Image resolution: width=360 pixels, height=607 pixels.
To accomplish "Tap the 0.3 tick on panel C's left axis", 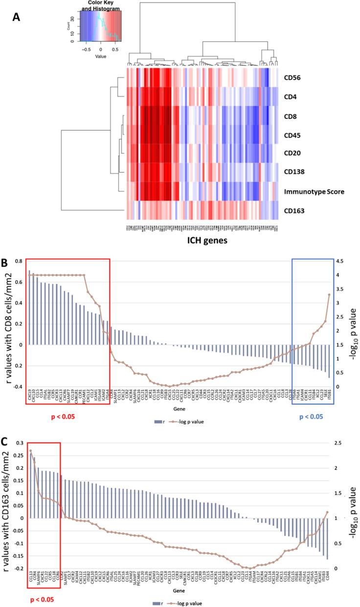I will pos(18,443).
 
